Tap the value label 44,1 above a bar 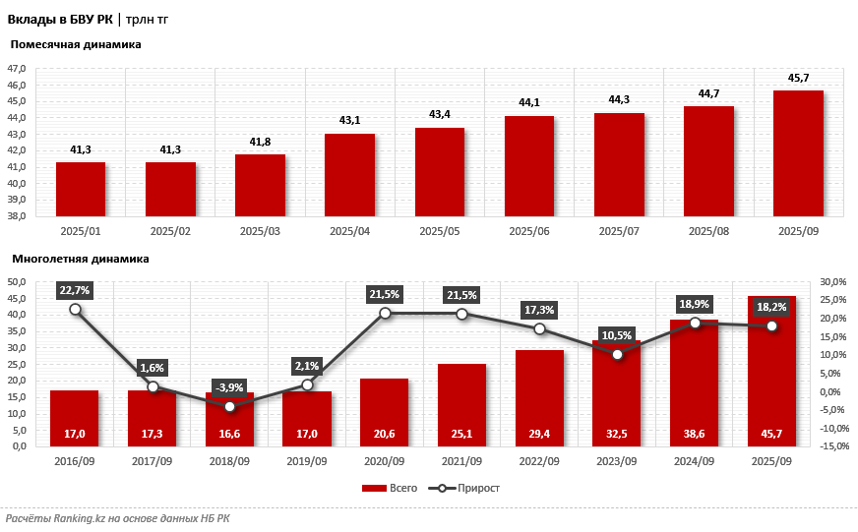click(529, 102)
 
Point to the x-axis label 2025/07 click(619, 231)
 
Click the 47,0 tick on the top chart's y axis click(18, 69)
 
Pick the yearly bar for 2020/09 click(385, 412)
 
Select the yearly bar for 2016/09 click(75, 418)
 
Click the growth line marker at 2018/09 click(230, 406)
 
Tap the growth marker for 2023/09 click(617, 354)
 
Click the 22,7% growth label click(75, 290)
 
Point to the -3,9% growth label click(230, 387)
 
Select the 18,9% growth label click(695, 304)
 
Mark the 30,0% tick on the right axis click(833, 282)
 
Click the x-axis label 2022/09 click(539, 461)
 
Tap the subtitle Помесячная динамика click(76, 44)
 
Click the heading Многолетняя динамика click(81, 259)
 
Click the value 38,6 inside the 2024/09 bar click(695, 434)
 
